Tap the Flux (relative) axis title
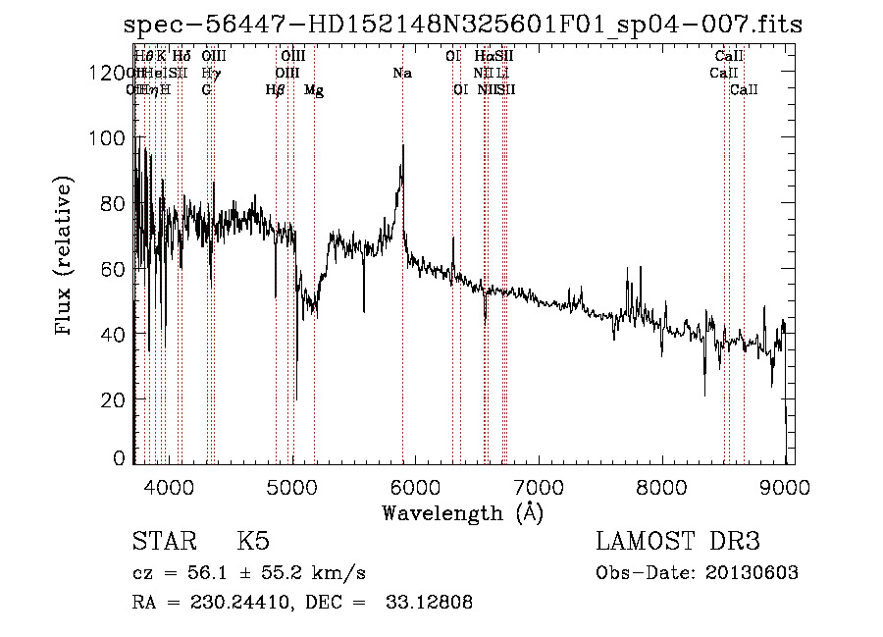(x=66, y=257)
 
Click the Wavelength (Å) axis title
(x=462, y=512)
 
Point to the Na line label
(x=402, y=73)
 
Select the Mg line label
(x=314, y=90)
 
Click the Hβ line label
(x=276, y=90)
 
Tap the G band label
(x=207, y=90)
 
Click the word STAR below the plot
(x=162, y=543)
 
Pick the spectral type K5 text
(x=252, y=543)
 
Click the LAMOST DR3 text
(x=678, y=543)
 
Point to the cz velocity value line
(x=249, y=573)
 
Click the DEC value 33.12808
(x=427, y=603)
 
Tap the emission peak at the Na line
(x=402, y=147)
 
